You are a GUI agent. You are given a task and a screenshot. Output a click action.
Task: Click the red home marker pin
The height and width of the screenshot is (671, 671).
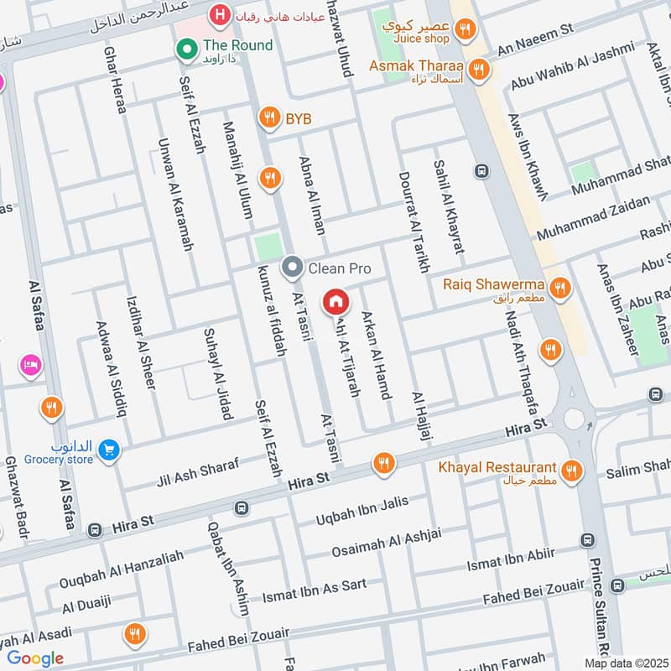point(335,300)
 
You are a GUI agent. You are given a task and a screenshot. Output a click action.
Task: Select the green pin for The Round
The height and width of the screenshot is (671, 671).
point(185,49)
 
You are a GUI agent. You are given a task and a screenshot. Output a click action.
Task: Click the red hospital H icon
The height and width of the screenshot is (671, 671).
point(220,14)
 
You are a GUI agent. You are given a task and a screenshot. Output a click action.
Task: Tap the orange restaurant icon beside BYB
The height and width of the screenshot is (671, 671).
point(268,119)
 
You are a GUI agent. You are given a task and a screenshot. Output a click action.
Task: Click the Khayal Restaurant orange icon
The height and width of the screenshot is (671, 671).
point(574,471)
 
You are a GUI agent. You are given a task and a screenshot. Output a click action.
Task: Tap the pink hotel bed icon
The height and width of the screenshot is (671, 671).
point(31,365)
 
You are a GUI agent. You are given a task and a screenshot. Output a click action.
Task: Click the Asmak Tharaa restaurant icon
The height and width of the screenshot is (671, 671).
point(479,69)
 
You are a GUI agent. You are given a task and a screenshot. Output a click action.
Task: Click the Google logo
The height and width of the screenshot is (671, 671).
point(35,658)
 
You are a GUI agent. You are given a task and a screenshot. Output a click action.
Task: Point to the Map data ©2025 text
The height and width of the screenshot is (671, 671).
point(625,663)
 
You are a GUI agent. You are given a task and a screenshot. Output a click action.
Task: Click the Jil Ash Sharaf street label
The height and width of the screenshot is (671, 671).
point(197,473)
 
